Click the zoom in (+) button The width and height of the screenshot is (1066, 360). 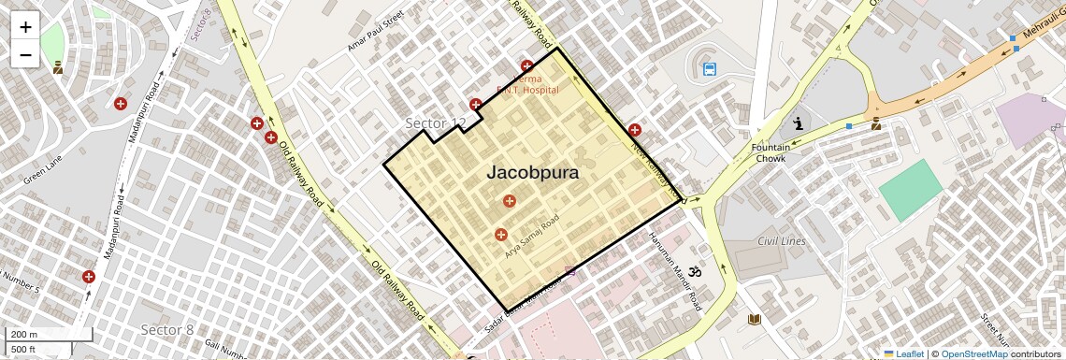coord(25,27)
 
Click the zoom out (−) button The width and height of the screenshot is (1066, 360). coord(25,55)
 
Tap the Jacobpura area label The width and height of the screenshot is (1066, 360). coord(532,173)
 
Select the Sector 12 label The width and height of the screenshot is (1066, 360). coord(435,123)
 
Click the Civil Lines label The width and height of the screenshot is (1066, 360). coord(781,242)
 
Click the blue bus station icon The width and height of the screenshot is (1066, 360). coord(710,68)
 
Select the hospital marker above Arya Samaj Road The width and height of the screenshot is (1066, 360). coord(510,200)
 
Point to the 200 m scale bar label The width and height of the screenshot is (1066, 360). coord(24,335)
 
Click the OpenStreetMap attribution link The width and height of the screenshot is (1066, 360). coord(973,353)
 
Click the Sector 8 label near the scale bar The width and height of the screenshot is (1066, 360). coord(167,329)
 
